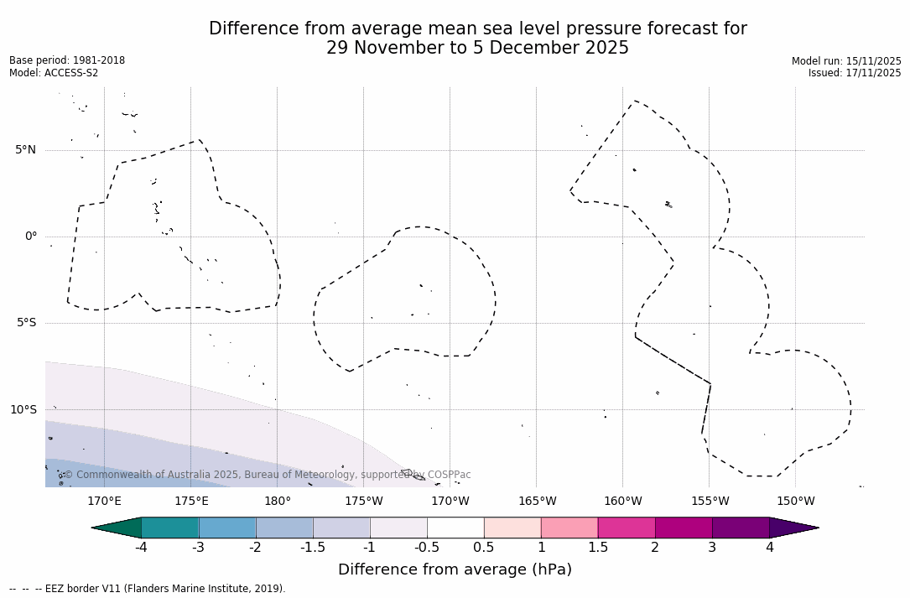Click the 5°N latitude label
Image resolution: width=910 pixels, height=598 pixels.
[25, 150]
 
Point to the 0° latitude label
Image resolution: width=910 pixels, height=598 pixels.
[31, 237]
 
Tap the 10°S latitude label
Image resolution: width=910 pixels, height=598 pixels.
[23, 410]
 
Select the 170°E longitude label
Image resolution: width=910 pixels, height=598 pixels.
[104, 502]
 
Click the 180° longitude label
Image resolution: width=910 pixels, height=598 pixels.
[278, 502]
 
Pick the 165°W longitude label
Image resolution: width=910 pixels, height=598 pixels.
[537, 502]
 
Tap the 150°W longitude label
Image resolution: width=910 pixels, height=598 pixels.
[796, 502]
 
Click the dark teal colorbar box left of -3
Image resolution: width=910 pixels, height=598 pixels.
[170, 528]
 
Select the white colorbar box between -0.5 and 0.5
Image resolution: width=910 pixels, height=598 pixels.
[455, 528]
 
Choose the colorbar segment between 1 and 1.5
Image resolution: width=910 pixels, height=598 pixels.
[569, 528]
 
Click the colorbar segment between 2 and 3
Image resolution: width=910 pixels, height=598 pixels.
[684, 528]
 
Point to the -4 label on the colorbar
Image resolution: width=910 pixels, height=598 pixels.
[141, 548]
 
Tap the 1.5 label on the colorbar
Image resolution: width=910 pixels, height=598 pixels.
[598, 548]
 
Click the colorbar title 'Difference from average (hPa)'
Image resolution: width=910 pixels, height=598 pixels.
[455, 570]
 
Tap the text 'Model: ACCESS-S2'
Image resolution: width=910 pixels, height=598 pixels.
[54, 73]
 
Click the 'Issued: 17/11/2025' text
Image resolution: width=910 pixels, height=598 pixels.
[855, 73]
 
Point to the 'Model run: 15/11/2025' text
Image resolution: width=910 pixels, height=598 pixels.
[846, 61]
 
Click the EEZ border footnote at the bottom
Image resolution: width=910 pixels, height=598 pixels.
[148, 589]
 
